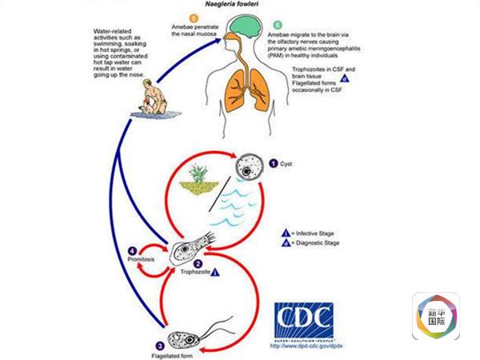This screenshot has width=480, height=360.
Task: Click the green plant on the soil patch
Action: click(195, 178)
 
